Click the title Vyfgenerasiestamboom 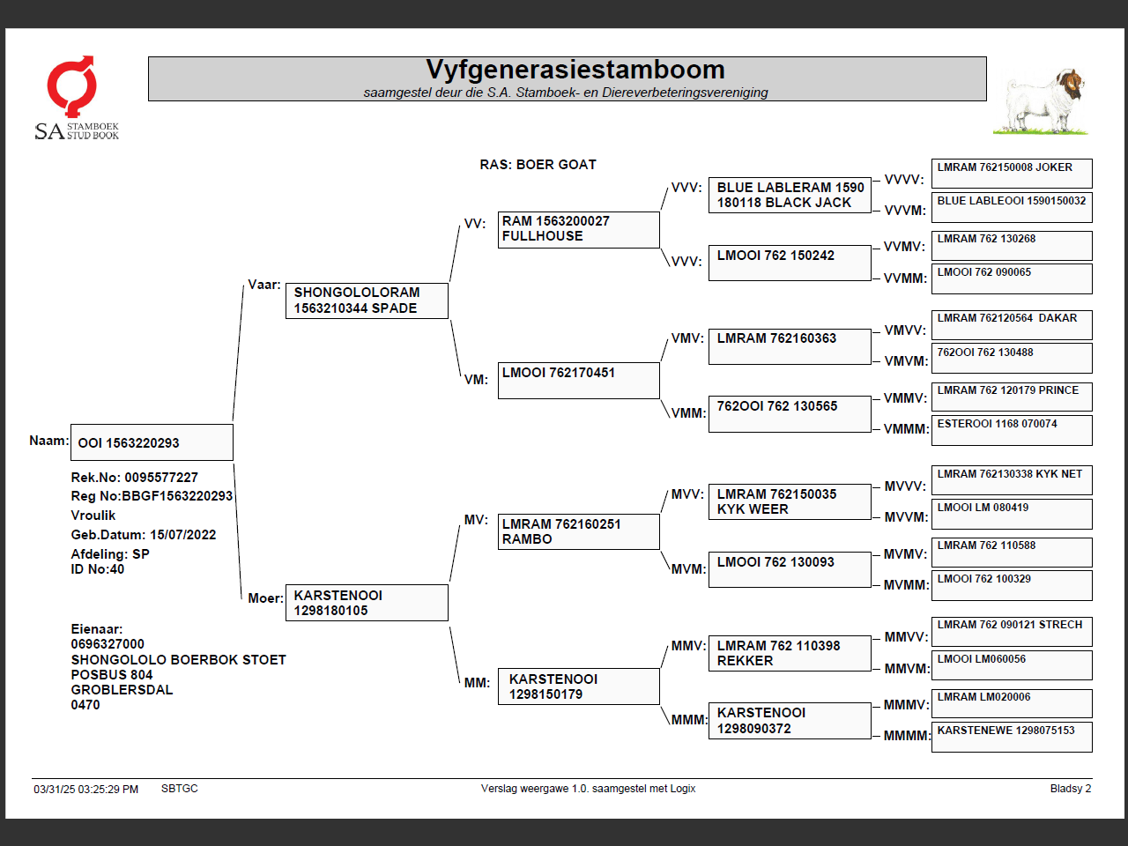click(x=575, y=70)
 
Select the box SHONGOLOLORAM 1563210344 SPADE click(x=367, y=301)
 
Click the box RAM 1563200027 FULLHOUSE click(x=578, y=229)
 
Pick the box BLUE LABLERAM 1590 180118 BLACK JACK click(x=790, y=195)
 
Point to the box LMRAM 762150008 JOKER click(x=1012, y=173)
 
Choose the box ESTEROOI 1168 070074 click(x=1012, y=429)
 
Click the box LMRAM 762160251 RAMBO click(x=578, y=531)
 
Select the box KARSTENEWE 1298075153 click(x=1012, y=736)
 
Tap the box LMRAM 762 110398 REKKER click(x=790, y=653)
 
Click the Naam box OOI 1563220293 click(x=152, y=442)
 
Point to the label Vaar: click(x=264, y=285)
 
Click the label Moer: click(x=265, y=597)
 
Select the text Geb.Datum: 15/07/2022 click(x=144, y=535)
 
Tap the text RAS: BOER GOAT click(x=538, y=165)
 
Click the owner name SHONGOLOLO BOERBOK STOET click(x=178, y=659)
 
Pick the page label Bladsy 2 click(x=1070, y=789)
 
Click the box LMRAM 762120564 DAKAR click(x=1012, y=324)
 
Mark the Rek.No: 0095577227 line click(x=135, y=478)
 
